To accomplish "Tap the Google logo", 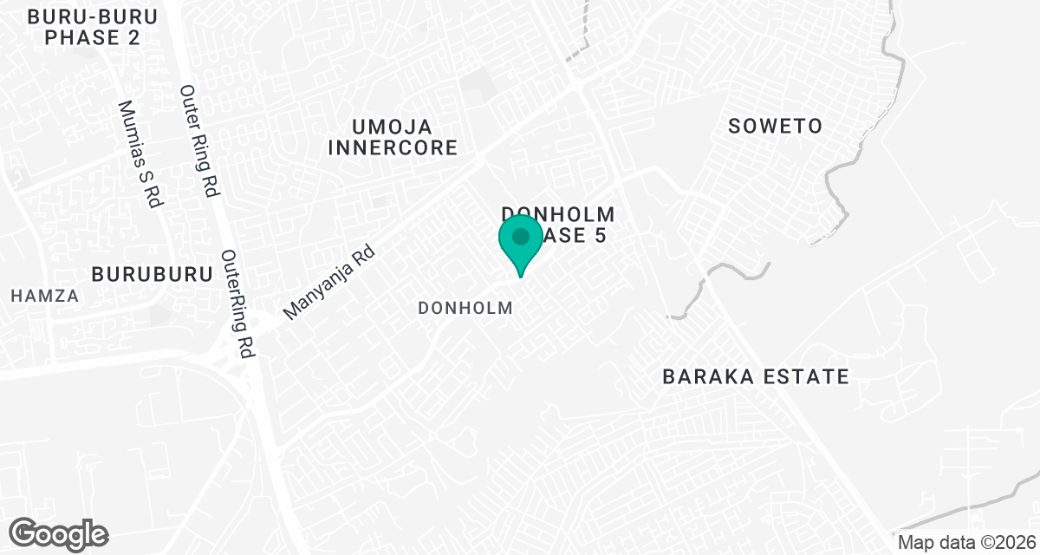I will click(59, 532).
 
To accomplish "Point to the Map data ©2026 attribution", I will click(965, 542).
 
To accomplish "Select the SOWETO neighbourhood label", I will click(775, 126).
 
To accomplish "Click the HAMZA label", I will click(44, 296).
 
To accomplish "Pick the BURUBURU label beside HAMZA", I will click(152, 274).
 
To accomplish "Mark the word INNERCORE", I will click(392, 148).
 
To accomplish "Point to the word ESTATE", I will click(807, 376).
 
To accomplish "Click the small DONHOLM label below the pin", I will click(465, 308).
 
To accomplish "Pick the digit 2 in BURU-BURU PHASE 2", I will click(133, 38).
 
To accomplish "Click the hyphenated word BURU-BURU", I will click(81, 16).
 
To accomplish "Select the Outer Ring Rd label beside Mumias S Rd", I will click(198, 141).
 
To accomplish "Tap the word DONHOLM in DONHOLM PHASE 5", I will click(559, 213).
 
